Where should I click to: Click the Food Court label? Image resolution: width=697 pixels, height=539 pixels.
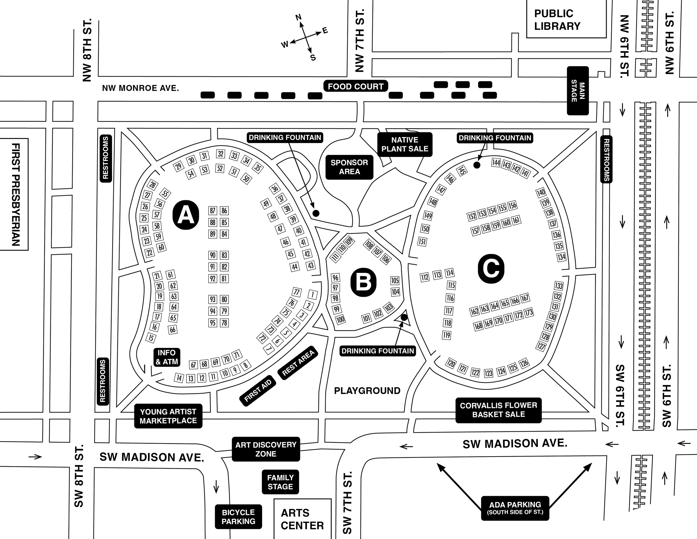pyautogui.click(x=355, y=86)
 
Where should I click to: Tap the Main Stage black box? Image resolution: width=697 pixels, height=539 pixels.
pyautogui.click(x=578, y=91)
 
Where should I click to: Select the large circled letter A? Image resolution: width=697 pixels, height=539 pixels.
pyautogui.click(x=186, y=215)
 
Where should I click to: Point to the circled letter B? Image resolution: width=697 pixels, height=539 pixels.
pyautogui.click(x=363, y=283)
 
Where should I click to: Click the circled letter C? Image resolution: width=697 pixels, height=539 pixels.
pyautogui.click(x=491, y=269)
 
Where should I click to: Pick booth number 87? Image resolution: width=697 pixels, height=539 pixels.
pyautogui.click(x=212, y=211)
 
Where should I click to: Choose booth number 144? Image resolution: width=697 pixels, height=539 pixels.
pyautogui.click(x=496, y=163)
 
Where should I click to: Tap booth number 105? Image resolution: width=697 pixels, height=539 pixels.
pyautogui.click(x=395, y=280)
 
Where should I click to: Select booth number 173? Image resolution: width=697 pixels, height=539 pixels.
pyautogui.click(x=529, y=312)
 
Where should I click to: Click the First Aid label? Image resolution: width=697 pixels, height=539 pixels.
pyautogui.click(x=258, y=391)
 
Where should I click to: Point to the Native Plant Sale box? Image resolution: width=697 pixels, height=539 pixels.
pyautogui.click(x=405, y=144)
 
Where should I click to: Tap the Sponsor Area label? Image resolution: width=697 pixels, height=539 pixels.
pyautogui.click(x=349, y=167)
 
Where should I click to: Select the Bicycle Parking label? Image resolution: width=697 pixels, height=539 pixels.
pyautogui.click(x=238, y=517)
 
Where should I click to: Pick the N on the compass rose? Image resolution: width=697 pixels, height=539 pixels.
pyautogui.click(x=298, y=18)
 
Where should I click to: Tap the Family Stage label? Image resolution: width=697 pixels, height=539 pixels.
pyautogui.click(x=280, y=482)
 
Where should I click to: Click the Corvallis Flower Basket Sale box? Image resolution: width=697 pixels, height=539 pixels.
pyautogui.click(x=498, y=410)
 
